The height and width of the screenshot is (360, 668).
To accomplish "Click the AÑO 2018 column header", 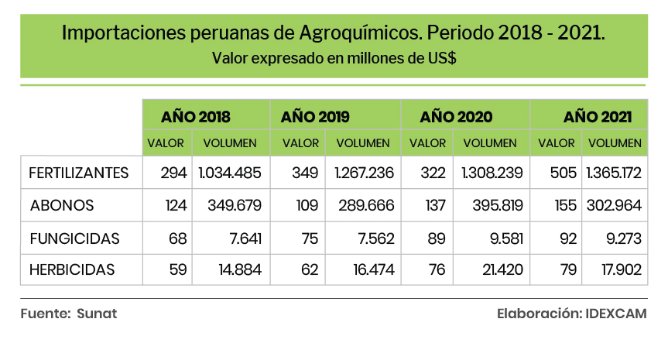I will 196,117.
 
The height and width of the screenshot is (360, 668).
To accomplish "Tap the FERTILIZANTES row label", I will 78,173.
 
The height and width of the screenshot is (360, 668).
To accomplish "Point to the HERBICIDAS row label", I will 71,270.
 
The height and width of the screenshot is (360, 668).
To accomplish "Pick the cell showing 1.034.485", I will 230,173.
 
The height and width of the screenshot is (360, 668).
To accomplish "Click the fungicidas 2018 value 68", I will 177,238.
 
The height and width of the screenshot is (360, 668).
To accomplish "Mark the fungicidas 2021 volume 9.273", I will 619,238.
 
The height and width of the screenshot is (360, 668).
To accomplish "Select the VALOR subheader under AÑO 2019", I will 300,143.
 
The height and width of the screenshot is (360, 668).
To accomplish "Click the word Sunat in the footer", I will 97,314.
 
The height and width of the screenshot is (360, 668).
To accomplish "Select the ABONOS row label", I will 62,205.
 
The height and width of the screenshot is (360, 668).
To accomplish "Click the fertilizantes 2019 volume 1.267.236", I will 361,173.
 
